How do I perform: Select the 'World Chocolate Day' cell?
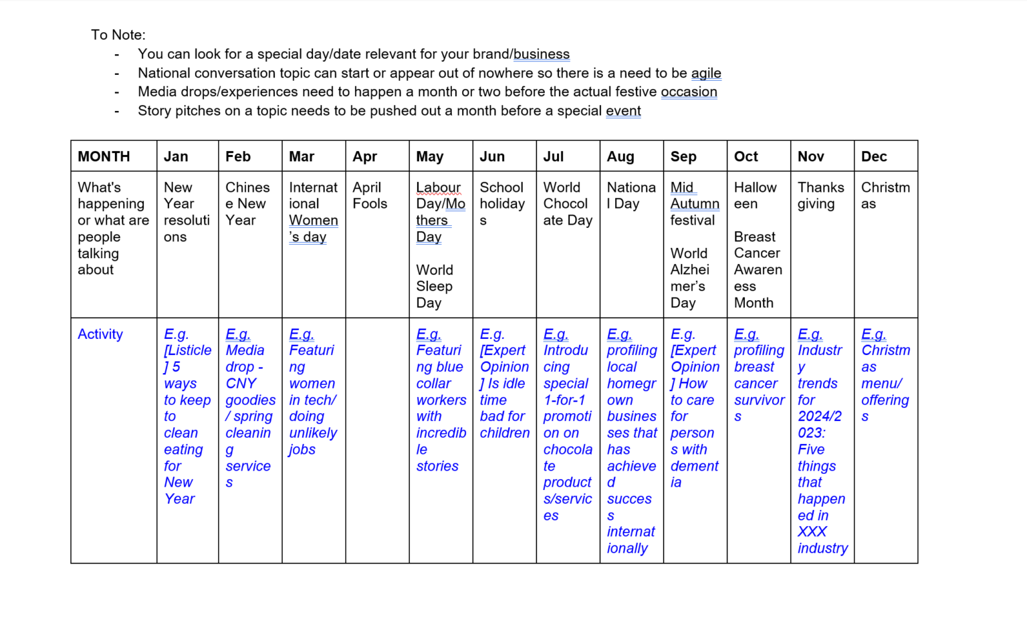(x=567, y=203)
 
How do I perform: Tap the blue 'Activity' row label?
(x=100, y=334)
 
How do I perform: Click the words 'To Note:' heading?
(x=118, y=35)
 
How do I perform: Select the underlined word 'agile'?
(x=706, y=73)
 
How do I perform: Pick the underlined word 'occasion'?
(x=689, y=92)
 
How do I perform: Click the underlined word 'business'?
(x=542, y=54)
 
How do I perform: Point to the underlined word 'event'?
(x=623, y=111)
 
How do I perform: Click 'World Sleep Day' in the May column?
(x=435, y=286)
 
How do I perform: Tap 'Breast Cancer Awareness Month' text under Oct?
(x=757, y=269)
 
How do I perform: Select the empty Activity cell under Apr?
(x=377, y=440)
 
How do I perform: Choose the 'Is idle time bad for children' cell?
(x=504, y=392)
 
